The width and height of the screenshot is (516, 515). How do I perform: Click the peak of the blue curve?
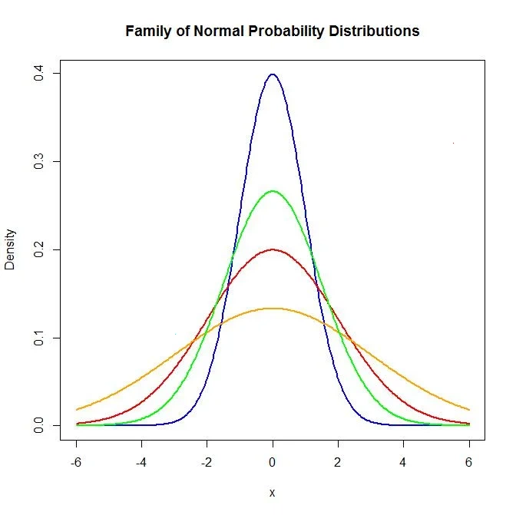273,74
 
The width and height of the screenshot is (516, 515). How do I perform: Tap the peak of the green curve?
273,191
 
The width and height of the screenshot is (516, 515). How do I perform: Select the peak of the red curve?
273,249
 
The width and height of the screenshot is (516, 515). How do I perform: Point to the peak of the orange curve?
273,309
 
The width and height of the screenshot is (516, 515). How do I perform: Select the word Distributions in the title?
373,31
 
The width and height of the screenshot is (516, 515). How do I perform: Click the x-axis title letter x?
273,493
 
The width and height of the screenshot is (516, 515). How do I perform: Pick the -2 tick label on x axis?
206,463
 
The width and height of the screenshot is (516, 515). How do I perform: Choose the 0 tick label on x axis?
273,463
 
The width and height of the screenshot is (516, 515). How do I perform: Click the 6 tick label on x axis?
469,463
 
